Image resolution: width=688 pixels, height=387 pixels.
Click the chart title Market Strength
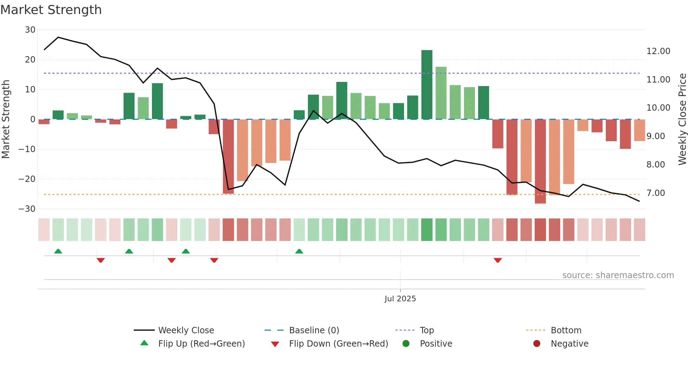[x=51, y=10]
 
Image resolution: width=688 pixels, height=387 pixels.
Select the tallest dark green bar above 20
[x=427, y=84]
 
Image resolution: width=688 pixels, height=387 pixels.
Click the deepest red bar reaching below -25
[x=540, y=162]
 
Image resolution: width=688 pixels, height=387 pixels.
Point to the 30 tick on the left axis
[x=30, y=30]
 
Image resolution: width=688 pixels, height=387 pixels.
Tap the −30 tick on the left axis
[x=27, y=209]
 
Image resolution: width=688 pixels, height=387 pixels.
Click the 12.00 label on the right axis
[x=658, y=51]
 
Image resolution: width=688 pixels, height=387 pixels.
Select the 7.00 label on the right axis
[x=656, y=193]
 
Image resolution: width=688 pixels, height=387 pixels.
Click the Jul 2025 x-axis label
[x=400, y=299]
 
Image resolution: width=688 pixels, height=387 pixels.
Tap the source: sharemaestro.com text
[x=618, y=275]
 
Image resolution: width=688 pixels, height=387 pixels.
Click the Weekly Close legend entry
[x=186, y=330]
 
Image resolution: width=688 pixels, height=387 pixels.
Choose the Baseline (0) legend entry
[x=314, y=330]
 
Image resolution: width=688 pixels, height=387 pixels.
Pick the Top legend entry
[x=427, y=330]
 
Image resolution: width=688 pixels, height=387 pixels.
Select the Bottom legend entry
[x=566, y=330]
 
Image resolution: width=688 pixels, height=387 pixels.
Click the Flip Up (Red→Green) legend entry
[x=201, y=344]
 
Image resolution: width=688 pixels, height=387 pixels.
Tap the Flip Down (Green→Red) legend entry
[x=338, y=344]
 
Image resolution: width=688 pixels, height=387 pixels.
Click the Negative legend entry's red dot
[x=537, y=344]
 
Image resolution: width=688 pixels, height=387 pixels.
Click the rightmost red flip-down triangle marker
[x=498, y=260]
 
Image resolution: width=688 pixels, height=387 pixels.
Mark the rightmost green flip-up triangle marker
[x=299, y=251]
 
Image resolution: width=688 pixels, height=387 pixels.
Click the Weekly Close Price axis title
[x=682, y=119]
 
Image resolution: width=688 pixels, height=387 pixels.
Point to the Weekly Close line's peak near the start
[x=58, y=37]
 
